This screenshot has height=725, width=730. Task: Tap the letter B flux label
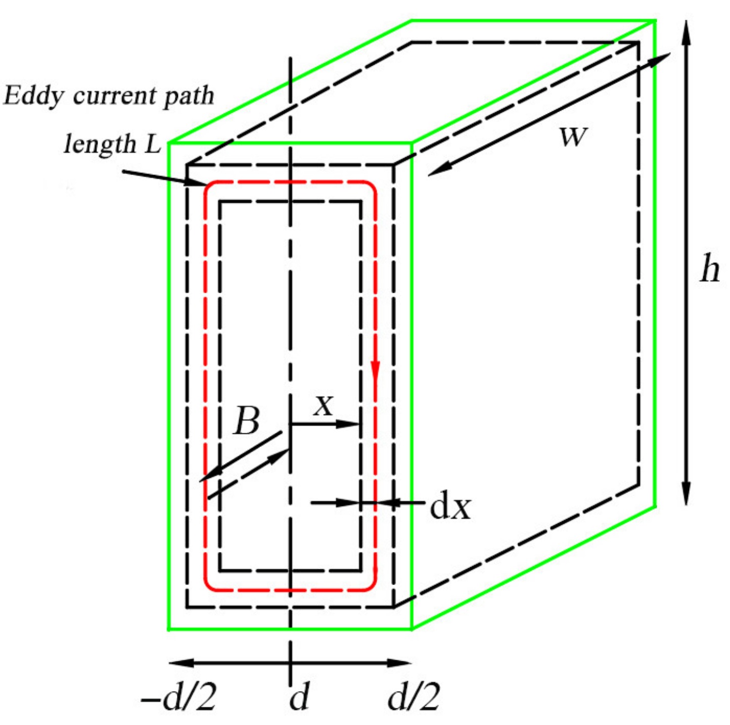(x=247, y=420)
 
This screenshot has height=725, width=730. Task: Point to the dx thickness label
(x=450, y=507)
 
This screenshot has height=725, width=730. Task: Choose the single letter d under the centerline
(x=299, y=698)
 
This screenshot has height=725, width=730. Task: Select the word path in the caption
(x=190, y=96)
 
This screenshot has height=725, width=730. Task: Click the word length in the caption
(x=100, y=145)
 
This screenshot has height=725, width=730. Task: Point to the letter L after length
(x=153, y=145)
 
